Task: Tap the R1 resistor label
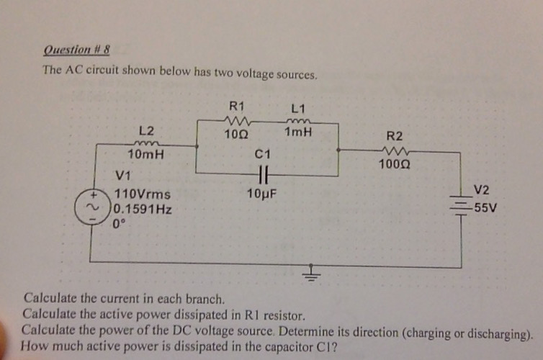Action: coord(236,106)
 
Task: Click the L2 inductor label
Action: coord(146,130)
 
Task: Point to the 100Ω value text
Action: coord(395,164)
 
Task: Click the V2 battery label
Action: coord(482,190)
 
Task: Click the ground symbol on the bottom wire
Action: coord(312,273)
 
